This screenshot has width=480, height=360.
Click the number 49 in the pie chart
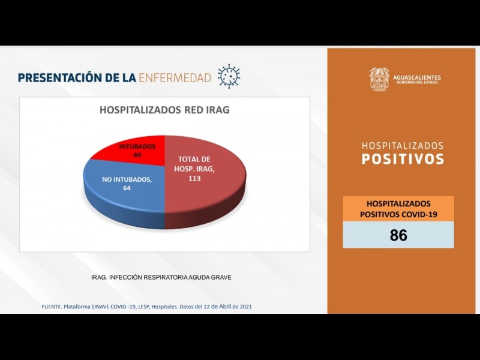click(x=137, y=155)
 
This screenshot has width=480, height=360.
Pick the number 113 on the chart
click(x=194, y=178)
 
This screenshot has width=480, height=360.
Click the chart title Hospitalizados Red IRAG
click(x=164, y=110)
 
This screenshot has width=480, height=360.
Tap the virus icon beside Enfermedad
click(x=229, y=77)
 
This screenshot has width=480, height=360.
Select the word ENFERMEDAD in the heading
click(x=175, y=77)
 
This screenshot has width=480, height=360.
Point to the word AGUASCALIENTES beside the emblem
click(x=416, y=77)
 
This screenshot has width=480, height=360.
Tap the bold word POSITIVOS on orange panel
click(x=403, y=159)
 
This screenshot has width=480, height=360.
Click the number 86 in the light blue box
click(x=398, y=235)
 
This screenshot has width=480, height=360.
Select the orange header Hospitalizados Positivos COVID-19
click(x=398, y=209)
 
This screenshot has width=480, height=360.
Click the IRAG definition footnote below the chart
click(x=161, y=277)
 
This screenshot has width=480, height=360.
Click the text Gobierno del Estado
click(x=416, y=83)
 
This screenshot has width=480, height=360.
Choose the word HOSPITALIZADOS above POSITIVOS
click(x=403, y=146)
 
